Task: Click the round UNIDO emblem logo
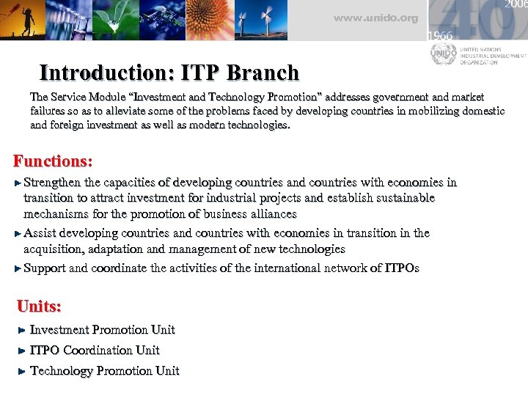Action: [443, 54]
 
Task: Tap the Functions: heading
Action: [54, 161]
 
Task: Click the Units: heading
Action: [39, 306]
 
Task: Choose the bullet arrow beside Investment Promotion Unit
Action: [22, 331]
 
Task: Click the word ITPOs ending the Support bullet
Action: [401, 268]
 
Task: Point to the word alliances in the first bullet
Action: [271, 214]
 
